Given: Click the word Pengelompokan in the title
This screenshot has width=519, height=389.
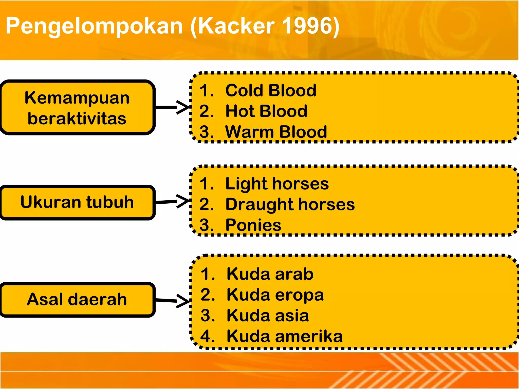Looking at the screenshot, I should [x=94, y=26].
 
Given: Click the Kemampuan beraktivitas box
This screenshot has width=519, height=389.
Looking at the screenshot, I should [x=77, y=108].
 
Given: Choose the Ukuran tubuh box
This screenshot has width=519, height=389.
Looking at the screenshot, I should [x=77, y=202].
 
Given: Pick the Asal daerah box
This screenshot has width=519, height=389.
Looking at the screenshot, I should [x=77, y=299].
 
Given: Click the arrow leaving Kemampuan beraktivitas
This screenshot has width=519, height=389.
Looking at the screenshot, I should [x=172, y=107].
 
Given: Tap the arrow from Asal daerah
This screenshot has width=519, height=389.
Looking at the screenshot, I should [x=172, y=301].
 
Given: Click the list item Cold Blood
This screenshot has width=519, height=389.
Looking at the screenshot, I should [x=271, y=90].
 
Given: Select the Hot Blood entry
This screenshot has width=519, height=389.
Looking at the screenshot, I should [x=266, y=111].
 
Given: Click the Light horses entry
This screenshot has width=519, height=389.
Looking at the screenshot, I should [x=277, y=184].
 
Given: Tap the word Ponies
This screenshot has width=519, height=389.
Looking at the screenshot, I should [x=253, y=225].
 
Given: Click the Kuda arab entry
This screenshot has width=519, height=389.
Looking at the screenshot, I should [x=270, y=274].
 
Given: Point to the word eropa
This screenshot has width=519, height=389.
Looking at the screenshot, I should [x=300, y=295].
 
